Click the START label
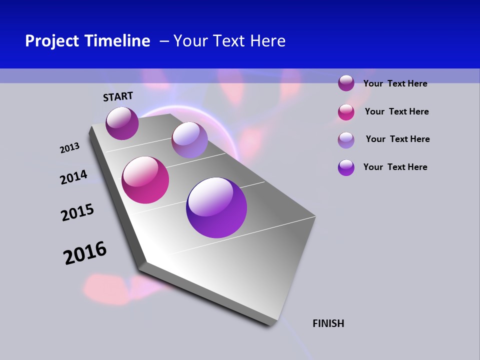[118, 96]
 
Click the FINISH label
[328, 323]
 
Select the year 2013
[69, 148]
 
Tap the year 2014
[73, 177]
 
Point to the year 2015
[77, 212]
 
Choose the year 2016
[85, 253]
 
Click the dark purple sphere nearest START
[122, 123]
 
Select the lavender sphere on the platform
[189, 140]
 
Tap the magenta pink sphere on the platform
[145, 180]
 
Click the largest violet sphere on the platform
[216, 207]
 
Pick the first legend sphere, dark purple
[346, 83]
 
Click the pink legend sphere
[346, 112]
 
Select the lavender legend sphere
[346, 140]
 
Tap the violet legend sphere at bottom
[346, 167]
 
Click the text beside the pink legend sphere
[396, 111]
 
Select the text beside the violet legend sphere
[395, 167]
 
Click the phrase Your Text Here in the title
[229, 41]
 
